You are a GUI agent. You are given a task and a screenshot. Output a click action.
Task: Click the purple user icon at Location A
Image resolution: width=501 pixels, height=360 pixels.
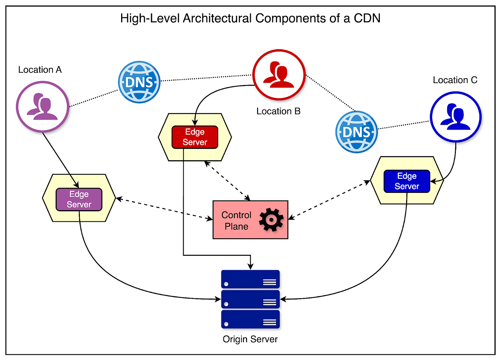[43, 107]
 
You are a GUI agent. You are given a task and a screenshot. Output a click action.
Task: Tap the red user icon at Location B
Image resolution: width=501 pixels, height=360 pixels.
[279, 75]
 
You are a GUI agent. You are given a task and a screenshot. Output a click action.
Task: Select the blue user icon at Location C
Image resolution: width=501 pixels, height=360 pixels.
[456, 117]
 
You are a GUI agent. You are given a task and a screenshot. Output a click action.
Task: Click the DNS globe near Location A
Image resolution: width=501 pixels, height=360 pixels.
[139, 82]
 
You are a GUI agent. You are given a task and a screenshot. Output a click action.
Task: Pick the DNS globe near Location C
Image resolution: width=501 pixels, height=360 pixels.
[356, 132]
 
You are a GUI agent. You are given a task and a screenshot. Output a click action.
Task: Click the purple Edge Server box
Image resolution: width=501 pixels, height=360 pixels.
[79, 199]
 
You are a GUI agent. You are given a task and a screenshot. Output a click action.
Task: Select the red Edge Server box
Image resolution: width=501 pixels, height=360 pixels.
[195, 137]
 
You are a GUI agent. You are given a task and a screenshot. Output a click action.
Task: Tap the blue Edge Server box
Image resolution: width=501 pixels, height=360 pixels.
[407, 181]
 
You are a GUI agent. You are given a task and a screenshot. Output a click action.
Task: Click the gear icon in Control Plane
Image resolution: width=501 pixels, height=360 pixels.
[271, 220]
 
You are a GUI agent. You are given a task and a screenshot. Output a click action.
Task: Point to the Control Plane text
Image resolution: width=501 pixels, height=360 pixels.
[236, 220]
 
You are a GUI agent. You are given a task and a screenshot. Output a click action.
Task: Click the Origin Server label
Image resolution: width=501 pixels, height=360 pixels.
[250, 339]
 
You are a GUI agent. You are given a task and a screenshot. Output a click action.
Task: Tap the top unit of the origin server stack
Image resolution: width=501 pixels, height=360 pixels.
[250, 279]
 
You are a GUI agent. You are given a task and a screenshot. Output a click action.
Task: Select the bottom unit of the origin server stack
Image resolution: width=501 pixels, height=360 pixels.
[250, 319]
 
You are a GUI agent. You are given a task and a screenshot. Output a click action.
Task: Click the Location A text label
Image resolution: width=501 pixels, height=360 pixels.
[40, 70]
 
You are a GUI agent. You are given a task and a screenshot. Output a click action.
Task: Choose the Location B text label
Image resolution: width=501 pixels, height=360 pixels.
[278, 111]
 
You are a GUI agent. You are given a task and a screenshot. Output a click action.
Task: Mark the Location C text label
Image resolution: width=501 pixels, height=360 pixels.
[455, 80]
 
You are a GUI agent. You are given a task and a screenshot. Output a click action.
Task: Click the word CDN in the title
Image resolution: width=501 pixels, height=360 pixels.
[367, 18]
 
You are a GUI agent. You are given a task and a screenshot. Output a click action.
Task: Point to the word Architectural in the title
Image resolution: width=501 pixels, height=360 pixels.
[217, 18]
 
